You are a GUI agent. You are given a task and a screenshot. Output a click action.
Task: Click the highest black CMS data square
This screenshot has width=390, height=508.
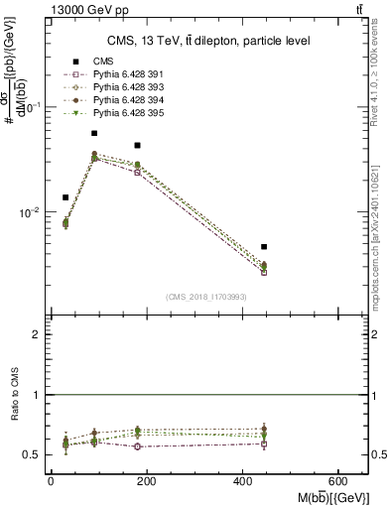[94, 133]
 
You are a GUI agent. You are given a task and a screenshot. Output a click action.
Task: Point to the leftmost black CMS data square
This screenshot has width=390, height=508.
[65, 197]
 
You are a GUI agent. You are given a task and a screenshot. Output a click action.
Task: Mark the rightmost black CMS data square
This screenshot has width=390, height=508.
[264, 246]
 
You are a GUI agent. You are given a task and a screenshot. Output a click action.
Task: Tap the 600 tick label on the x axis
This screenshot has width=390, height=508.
[340, 482]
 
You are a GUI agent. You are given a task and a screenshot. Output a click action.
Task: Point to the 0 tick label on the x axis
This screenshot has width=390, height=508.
[51, 482]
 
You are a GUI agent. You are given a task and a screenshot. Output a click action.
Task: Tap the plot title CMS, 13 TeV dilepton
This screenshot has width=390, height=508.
[207, 41]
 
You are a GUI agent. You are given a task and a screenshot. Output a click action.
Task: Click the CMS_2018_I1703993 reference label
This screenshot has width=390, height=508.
[206, 297]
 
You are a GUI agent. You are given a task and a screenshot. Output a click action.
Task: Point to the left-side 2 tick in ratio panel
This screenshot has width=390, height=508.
[37, 334]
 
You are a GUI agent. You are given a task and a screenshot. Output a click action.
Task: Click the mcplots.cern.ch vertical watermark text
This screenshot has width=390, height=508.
[380, 228]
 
